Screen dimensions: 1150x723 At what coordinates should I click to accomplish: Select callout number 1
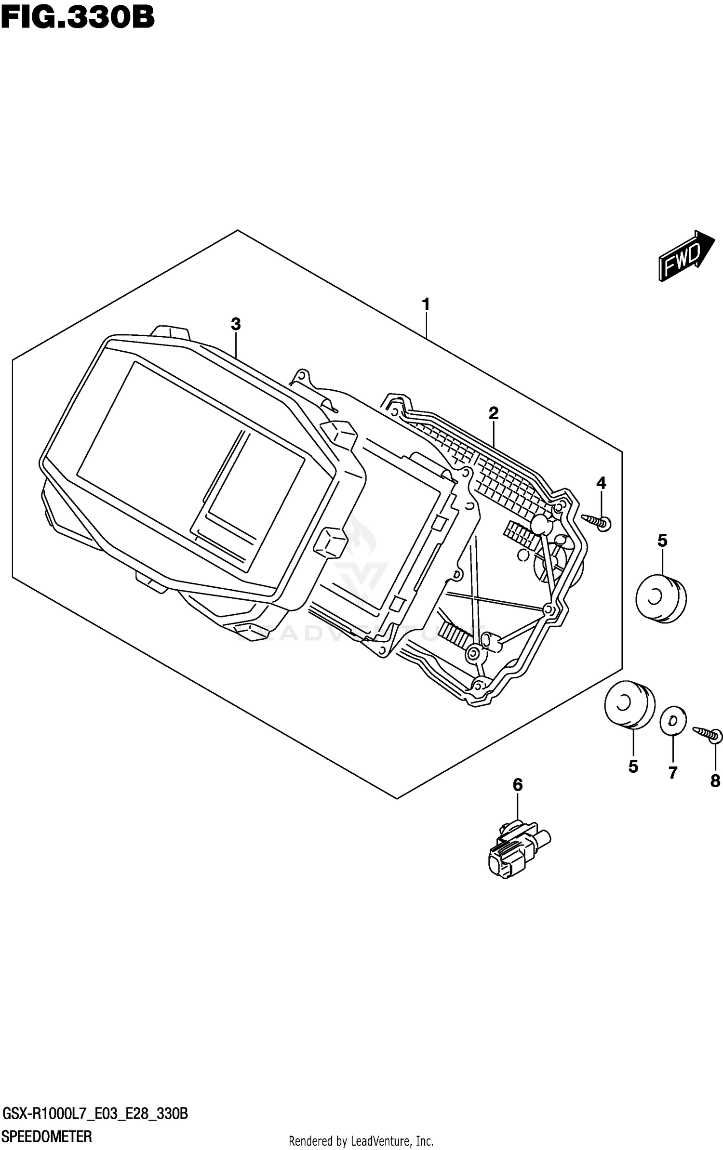coord(426,304)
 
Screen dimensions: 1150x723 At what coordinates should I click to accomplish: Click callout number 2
coord(493,413)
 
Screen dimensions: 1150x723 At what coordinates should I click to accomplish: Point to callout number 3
coord(235,324)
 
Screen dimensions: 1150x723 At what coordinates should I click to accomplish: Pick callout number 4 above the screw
coord(601,483)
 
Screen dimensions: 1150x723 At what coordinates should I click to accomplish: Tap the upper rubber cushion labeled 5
coord(661,599)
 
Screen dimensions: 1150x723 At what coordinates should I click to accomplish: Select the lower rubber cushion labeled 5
coord(629,704)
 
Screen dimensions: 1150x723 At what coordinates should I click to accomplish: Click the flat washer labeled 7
coord(672,721)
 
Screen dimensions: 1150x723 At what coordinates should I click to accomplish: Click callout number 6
coord(517,785)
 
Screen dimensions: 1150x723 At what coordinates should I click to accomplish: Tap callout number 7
coord(673,773)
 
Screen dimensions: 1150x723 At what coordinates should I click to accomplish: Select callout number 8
coord(715,780)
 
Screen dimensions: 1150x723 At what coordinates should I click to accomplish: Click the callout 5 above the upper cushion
coord(662,541)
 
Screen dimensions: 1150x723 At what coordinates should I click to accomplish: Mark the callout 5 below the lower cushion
coord(633,766)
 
